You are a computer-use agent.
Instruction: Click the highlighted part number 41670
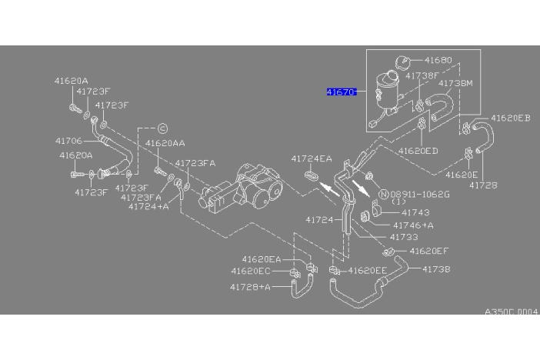click(x=342, y=92)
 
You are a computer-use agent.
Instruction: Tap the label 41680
click(x=438, y=60)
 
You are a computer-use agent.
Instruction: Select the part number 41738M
click(x=455, y=83)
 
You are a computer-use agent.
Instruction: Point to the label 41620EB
click(x=510, y=118)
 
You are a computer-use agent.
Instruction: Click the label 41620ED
click(x=418, y=151)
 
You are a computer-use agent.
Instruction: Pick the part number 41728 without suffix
click(x=484, y=185)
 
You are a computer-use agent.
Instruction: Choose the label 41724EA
click(x=312, y=158)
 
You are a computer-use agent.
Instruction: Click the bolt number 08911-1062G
click(x=420, y=195)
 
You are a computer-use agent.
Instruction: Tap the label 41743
click(x=415, y=212)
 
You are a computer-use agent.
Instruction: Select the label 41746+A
click(x=413, y=225)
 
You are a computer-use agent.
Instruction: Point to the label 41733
click(x=404, y=237)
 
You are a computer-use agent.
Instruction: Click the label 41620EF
click(x=429, y=251)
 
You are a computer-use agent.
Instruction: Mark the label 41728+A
click(x=250, y=287)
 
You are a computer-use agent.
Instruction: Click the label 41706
click(x=69, y=141)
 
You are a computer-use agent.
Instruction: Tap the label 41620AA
click(x=165, y=143)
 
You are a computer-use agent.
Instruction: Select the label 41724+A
click(x=148, y=206)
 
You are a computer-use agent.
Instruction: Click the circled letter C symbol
click(x=162, y=128)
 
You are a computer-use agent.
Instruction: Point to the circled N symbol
click(x=384, y=195)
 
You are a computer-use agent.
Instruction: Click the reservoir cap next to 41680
click(x=402, y=63)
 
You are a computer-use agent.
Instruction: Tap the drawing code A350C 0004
click(x=511, y=312)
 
